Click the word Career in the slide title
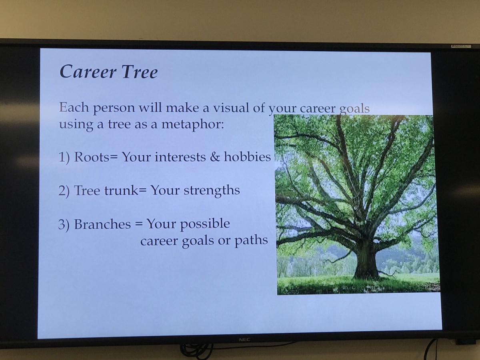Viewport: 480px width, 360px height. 88,72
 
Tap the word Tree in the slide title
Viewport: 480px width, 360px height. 140,72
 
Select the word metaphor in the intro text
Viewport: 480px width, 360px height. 193,124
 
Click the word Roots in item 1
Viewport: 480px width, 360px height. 92,157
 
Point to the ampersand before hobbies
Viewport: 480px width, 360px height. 215,157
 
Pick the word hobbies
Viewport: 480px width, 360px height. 247,156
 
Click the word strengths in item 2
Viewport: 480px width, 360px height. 212,190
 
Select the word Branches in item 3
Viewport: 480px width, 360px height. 102,224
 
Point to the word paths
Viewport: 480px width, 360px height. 251,240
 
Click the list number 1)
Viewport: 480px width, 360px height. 64,157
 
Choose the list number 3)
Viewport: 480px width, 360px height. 64,224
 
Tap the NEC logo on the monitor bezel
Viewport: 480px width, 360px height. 244,340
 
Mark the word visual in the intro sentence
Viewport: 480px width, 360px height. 231,108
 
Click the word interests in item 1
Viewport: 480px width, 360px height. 180,157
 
